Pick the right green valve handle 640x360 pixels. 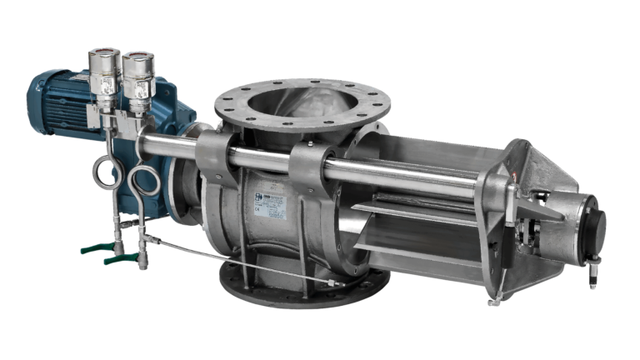(121, 257)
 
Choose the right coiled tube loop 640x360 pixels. (146, 180)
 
